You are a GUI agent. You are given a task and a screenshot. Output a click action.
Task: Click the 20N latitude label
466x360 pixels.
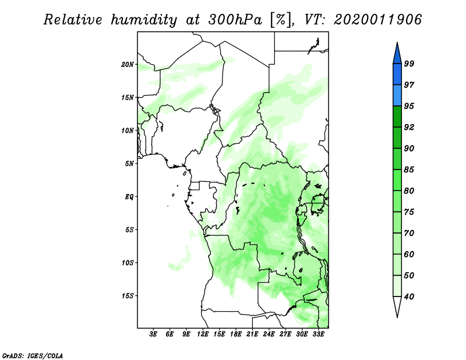point(128,65)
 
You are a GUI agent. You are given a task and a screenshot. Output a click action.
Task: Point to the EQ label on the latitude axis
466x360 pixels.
point(129,197)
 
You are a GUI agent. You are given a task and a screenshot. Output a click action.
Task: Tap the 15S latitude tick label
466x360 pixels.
point(128,296)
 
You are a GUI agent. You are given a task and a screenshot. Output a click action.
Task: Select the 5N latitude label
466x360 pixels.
point(129,164)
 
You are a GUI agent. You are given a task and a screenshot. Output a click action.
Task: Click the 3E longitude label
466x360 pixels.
point(153,334)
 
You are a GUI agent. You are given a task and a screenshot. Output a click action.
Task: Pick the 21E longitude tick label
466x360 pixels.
point(252,334)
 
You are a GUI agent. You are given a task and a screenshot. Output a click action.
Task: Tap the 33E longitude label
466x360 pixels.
point(318,334)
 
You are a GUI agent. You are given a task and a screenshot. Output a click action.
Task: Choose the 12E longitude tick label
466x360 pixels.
point(203,334)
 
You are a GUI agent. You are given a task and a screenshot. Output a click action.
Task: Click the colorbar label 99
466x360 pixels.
point(409,63)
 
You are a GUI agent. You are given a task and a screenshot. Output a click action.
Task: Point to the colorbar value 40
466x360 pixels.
point(409,297)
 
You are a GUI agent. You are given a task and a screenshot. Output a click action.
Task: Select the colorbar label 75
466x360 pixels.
point(409,212)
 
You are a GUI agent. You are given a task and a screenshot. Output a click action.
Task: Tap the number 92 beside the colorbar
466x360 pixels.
point(409,127)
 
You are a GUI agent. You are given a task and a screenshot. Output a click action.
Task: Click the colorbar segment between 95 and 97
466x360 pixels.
point(397,96)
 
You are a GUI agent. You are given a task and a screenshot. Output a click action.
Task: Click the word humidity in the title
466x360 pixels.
point(144,20)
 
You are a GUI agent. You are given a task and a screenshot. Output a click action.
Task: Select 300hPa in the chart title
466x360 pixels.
point(235,20)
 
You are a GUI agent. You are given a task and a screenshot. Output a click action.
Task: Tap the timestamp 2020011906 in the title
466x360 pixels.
point(377,20)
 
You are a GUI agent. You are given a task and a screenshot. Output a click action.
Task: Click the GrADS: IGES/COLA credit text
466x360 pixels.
point(33,355)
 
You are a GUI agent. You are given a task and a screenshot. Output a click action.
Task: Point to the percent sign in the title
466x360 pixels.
point(280,20)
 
